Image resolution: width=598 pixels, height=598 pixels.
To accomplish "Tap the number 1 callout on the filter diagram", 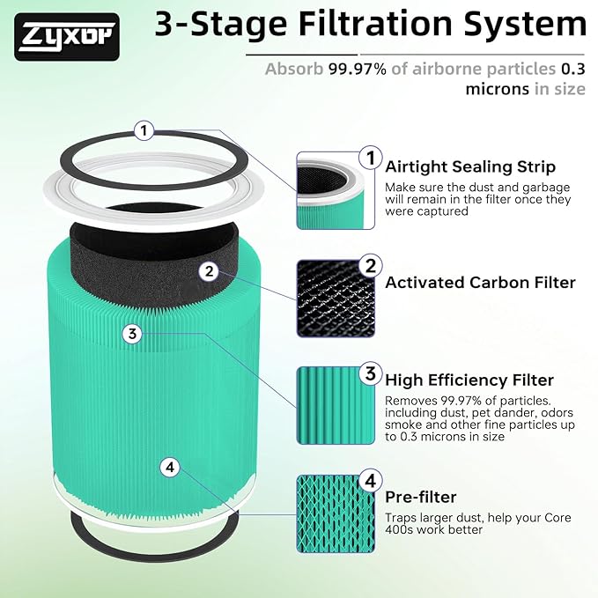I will coord(144,131).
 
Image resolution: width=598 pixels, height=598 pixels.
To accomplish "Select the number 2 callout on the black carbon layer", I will coord(208,271).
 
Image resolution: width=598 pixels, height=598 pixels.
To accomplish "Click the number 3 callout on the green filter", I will coord(132,334).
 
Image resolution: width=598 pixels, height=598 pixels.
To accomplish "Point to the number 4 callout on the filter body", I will coord(171,467).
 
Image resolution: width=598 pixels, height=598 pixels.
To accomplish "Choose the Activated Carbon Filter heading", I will coord(480,283).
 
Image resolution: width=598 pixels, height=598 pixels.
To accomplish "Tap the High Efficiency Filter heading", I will coord(469,380).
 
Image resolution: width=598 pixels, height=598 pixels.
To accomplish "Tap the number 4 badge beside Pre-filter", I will coord(371,482).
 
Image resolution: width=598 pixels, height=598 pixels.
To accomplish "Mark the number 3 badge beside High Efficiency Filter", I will coord(371,373).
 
